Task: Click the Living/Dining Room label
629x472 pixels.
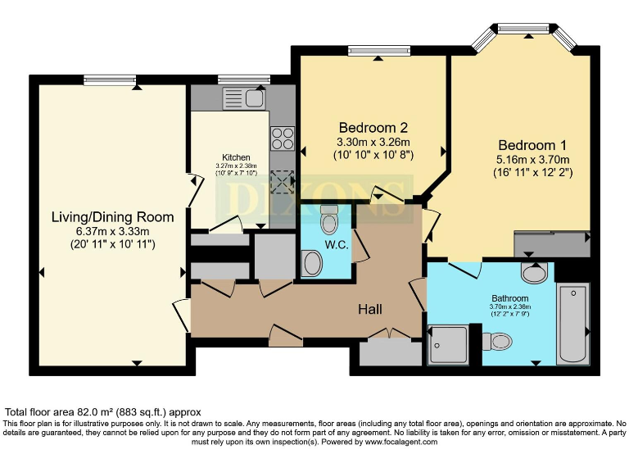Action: [112, 217]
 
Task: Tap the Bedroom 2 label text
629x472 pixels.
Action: [373, 128]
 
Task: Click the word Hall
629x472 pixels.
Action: [370, 309]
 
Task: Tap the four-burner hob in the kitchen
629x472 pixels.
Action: [283, 138]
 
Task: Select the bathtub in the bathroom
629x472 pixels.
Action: [572, 323]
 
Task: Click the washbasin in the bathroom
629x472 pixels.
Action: [536, 272]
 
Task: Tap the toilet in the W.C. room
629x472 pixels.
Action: [329, 220]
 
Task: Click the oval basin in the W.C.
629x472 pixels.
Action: [312, 264]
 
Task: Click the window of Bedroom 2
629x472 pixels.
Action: [378, 51]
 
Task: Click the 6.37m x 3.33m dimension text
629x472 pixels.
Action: [112, 231]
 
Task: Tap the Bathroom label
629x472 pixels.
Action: [509, 298]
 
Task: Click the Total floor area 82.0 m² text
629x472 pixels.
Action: [103, 411]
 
